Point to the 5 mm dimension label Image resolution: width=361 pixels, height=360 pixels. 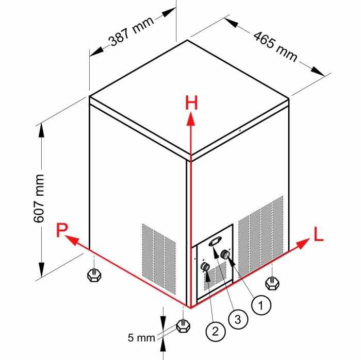click(141, 338)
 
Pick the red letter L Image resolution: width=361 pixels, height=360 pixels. click(319, 236)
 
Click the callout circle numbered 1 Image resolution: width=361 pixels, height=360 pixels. click(261, 305)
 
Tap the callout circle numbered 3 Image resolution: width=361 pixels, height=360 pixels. click(238, 319)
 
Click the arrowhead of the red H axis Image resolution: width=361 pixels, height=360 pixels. click(191, 120)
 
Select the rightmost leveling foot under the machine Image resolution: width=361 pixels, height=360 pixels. click(272, 282)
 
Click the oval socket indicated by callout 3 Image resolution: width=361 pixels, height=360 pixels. click(216, 241)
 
